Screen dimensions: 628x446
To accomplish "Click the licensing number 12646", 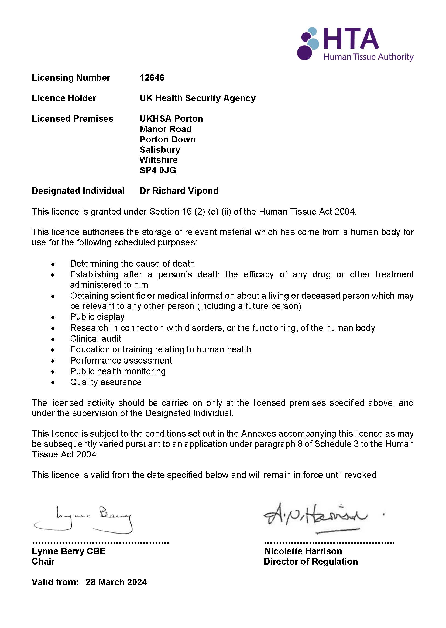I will pyautogui.click(x=152, y=78).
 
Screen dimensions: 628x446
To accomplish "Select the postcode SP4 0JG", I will pyautogui.click(x=158, y=170).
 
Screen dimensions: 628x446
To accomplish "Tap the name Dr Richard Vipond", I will pyautogui.click(x=179, y=191).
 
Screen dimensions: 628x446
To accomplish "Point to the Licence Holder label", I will pyautogui.click(x=64, y=98).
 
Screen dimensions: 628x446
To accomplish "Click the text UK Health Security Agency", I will pyautogui.click(x=197, y=98).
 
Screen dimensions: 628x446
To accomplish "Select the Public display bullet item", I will pyautogui.click(x=97, y=317).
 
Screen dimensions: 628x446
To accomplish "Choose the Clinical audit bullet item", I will pyautogui.click(x=95, y=339).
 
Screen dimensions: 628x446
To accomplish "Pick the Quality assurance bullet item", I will pyautogui.click(x=106, y=382).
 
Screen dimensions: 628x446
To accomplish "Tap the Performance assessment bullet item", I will pyautogui.click(x=121, y=360).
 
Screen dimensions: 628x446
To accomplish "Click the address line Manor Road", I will pyautogui.click(x=166, y=129).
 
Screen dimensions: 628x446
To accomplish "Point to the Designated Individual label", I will pyautogui.click(x=78, y=191).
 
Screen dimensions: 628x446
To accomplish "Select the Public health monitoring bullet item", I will pyautogui.click(x=118, y=371).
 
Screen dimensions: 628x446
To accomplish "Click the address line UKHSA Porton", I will pyautogui.click(x=171, y=119).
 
